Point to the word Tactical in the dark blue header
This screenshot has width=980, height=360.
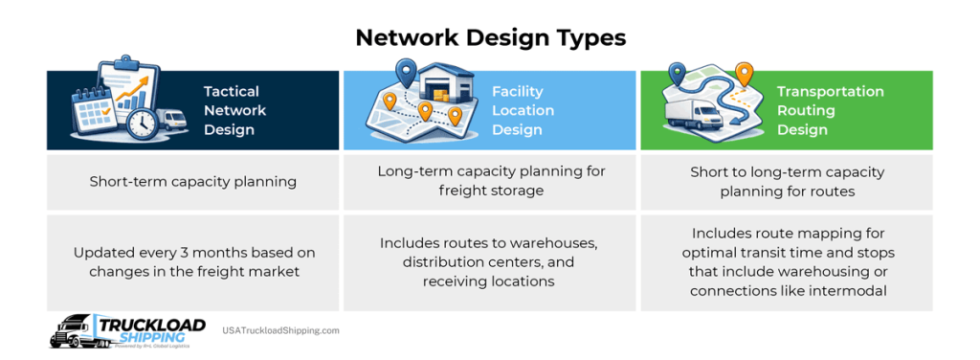[232, 92]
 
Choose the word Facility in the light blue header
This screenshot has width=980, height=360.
[517, 92]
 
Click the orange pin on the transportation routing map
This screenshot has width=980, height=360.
[743, 72]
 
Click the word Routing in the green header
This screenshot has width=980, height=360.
[806, 111]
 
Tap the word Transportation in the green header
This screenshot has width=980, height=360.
[830, 92]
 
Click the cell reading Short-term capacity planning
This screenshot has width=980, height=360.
[193, 181]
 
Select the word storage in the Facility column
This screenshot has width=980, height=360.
[513, 191]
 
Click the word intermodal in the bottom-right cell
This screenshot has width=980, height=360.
[844, 289]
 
